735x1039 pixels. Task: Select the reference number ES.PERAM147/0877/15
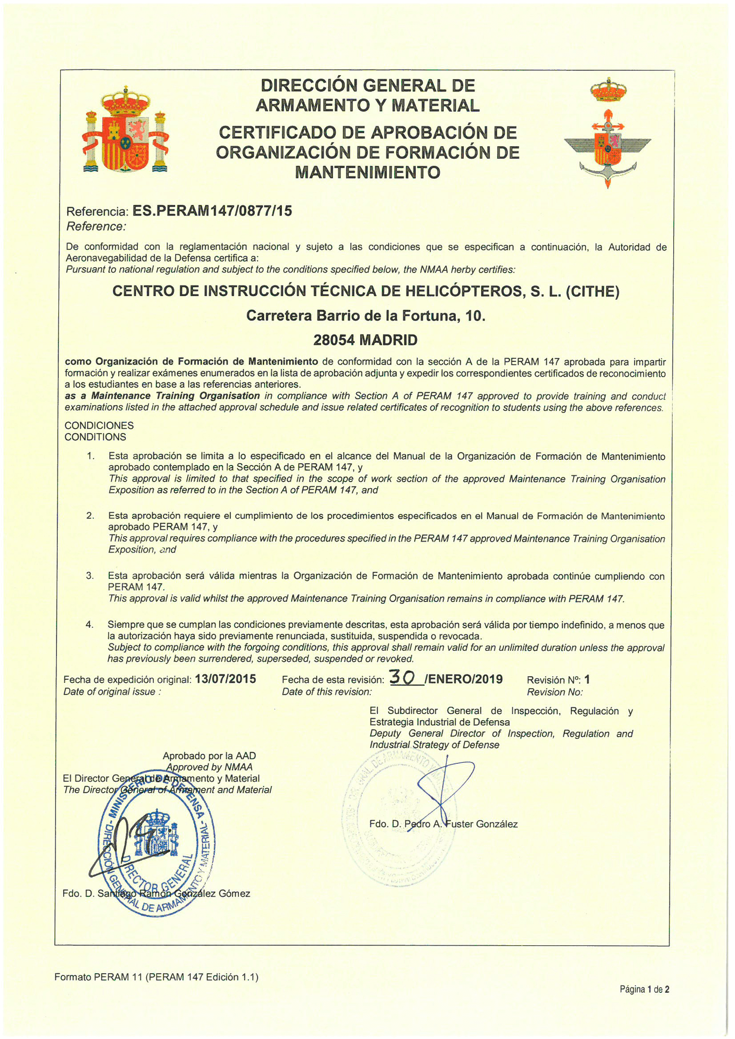coord(211,211)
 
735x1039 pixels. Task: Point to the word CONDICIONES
coord(99,425)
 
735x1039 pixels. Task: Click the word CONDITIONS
coord(96,437)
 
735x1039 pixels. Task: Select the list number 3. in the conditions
coord(90,576)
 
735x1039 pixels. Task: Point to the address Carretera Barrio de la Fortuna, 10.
coord(365,315)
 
